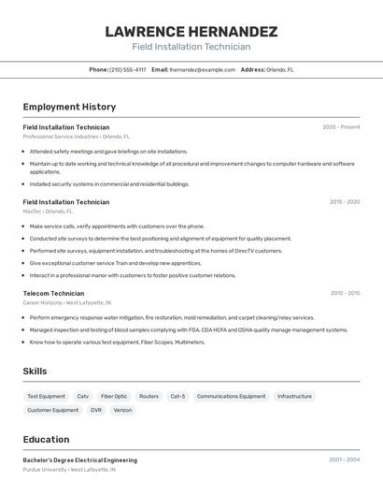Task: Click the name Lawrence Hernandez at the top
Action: pyautogui.click(x=191, y=31)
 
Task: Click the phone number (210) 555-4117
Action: pyautogui.click(x=128, y=69)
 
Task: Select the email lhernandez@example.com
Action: pyautogui.click(x=203, y=69)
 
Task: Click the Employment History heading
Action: pyautogui.click(x=69, y=107)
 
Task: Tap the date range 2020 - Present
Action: pyautogui.click(x=341, y=127)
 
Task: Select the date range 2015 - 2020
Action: pyautogui.click(x=344, y=202)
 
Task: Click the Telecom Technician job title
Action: pyautogui.click(x=53, y=293)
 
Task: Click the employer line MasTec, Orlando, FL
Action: pyautogui.click(x=48, y=212)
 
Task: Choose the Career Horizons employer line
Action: pyautogui.click(x=67, y=303)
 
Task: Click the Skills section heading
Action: pyautogui.click(x=35, y=372)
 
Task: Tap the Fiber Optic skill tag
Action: pyautogui.click(x=114, y=396)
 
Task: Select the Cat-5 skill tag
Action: pyautogui.click(x=177, y=396)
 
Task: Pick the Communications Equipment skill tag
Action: pyautogui.click(x=231, y=396)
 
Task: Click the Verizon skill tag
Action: pyautogui.click(x=122, y=410)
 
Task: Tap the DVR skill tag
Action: pyautogui.click(x=96, y=410)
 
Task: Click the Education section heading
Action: pyautogui.click(x=46, y=440)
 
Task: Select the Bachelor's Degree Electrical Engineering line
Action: pyautogui.click(x=80, y=460)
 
